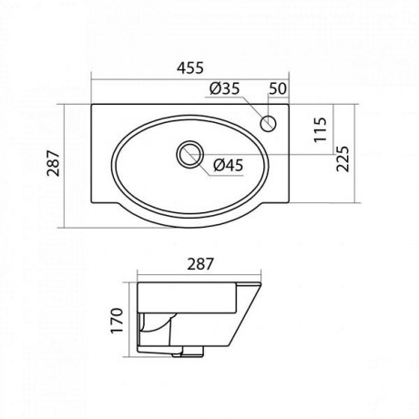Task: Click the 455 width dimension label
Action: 190,67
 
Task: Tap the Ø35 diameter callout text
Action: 225,88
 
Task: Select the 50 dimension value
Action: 278,88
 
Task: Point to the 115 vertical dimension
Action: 321,129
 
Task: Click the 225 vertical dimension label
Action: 343,159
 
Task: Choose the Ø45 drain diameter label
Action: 229,165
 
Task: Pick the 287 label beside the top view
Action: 54,163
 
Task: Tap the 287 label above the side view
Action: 200,264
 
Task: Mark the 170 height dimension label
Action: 117,321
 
